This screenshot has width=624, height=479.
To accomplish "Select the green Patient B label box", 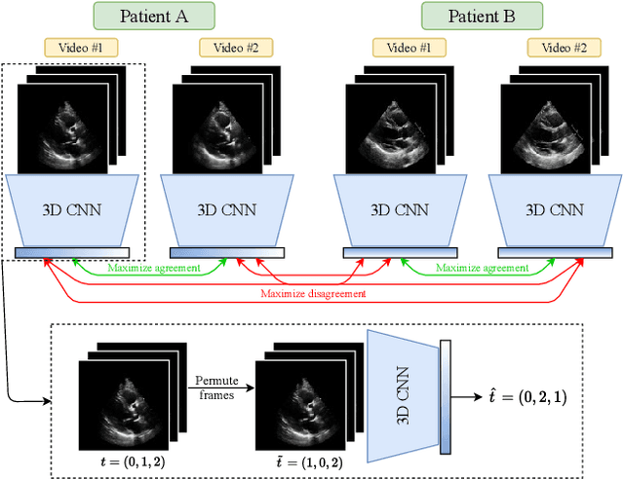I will [x=482, y=17].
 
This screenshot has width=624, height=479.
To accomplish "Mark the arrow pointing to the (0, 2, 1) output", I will [x=469, y=398].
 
